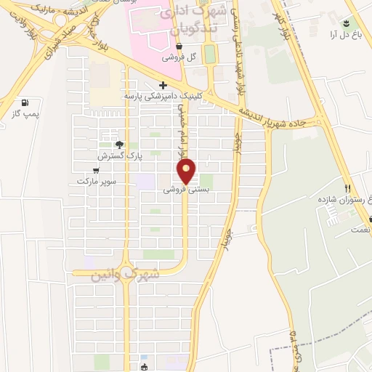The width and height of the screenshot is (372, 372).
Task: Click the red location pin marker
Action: pyautogui.click(x=187, y=171)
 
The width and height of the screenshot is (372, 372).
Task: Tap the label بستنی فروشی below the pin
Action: pyautogui.click(x=186, y=188)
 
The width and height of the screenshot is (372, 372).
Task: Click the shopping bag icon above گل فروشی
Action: pyautogui.click(x=178, y=47)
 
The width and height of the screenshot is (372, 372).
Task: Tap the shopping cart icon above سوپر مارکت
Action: pyautogui.click(x=96, y=170)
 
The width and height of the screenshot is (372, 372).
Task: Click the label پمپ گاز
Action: pyautogui.click(x=27, y=114)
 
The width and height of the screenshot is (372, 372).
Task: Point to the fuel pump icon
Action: pyautogui.click(x=27, y=103)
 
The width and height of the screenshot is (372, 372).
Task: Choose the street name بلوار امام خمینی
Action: pyautogui.click(x=179, y=131)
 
